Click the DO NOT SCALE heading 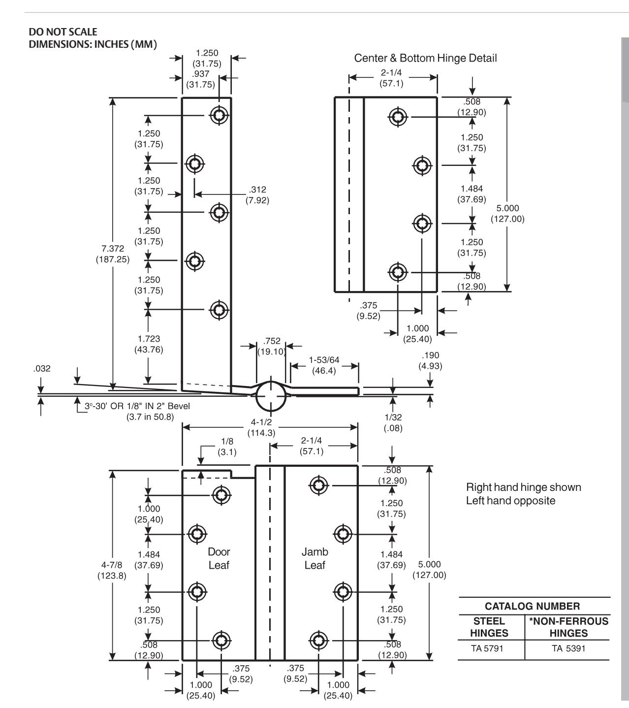[x=63, y=32]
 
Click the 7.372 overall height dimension [x=113, y=254]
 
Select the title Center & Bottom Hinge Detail [x=425, y=58]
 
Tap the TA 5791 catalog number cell [x=487, y=648]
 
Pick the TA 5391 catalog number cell [x=568, y=648]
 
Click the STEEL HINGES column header [x=489, y=627]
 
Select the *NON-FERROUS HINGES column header [x=568, y=627]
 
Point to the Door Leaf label [x=219, y=558]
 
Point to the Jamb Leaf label [x=315, y=558]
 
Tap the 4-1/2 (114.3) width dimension [x=261, y=427]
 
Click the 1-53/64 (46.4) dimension [x=324, y=365]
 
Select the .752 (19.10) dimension [x=272, y=346]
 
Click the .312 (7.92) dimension [x=257, y=194]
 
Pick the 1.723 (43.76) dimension [x=149, y=344]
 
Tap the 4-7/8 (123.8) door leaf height [x=112, y=570]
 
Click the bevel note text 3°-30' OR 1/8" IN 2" [x=137, y=406]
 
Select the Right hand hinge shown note [x=524, y=487]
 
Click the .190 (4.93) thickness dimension [x=430, y=360]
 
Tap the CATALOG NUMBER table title [x=532, y=606]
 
